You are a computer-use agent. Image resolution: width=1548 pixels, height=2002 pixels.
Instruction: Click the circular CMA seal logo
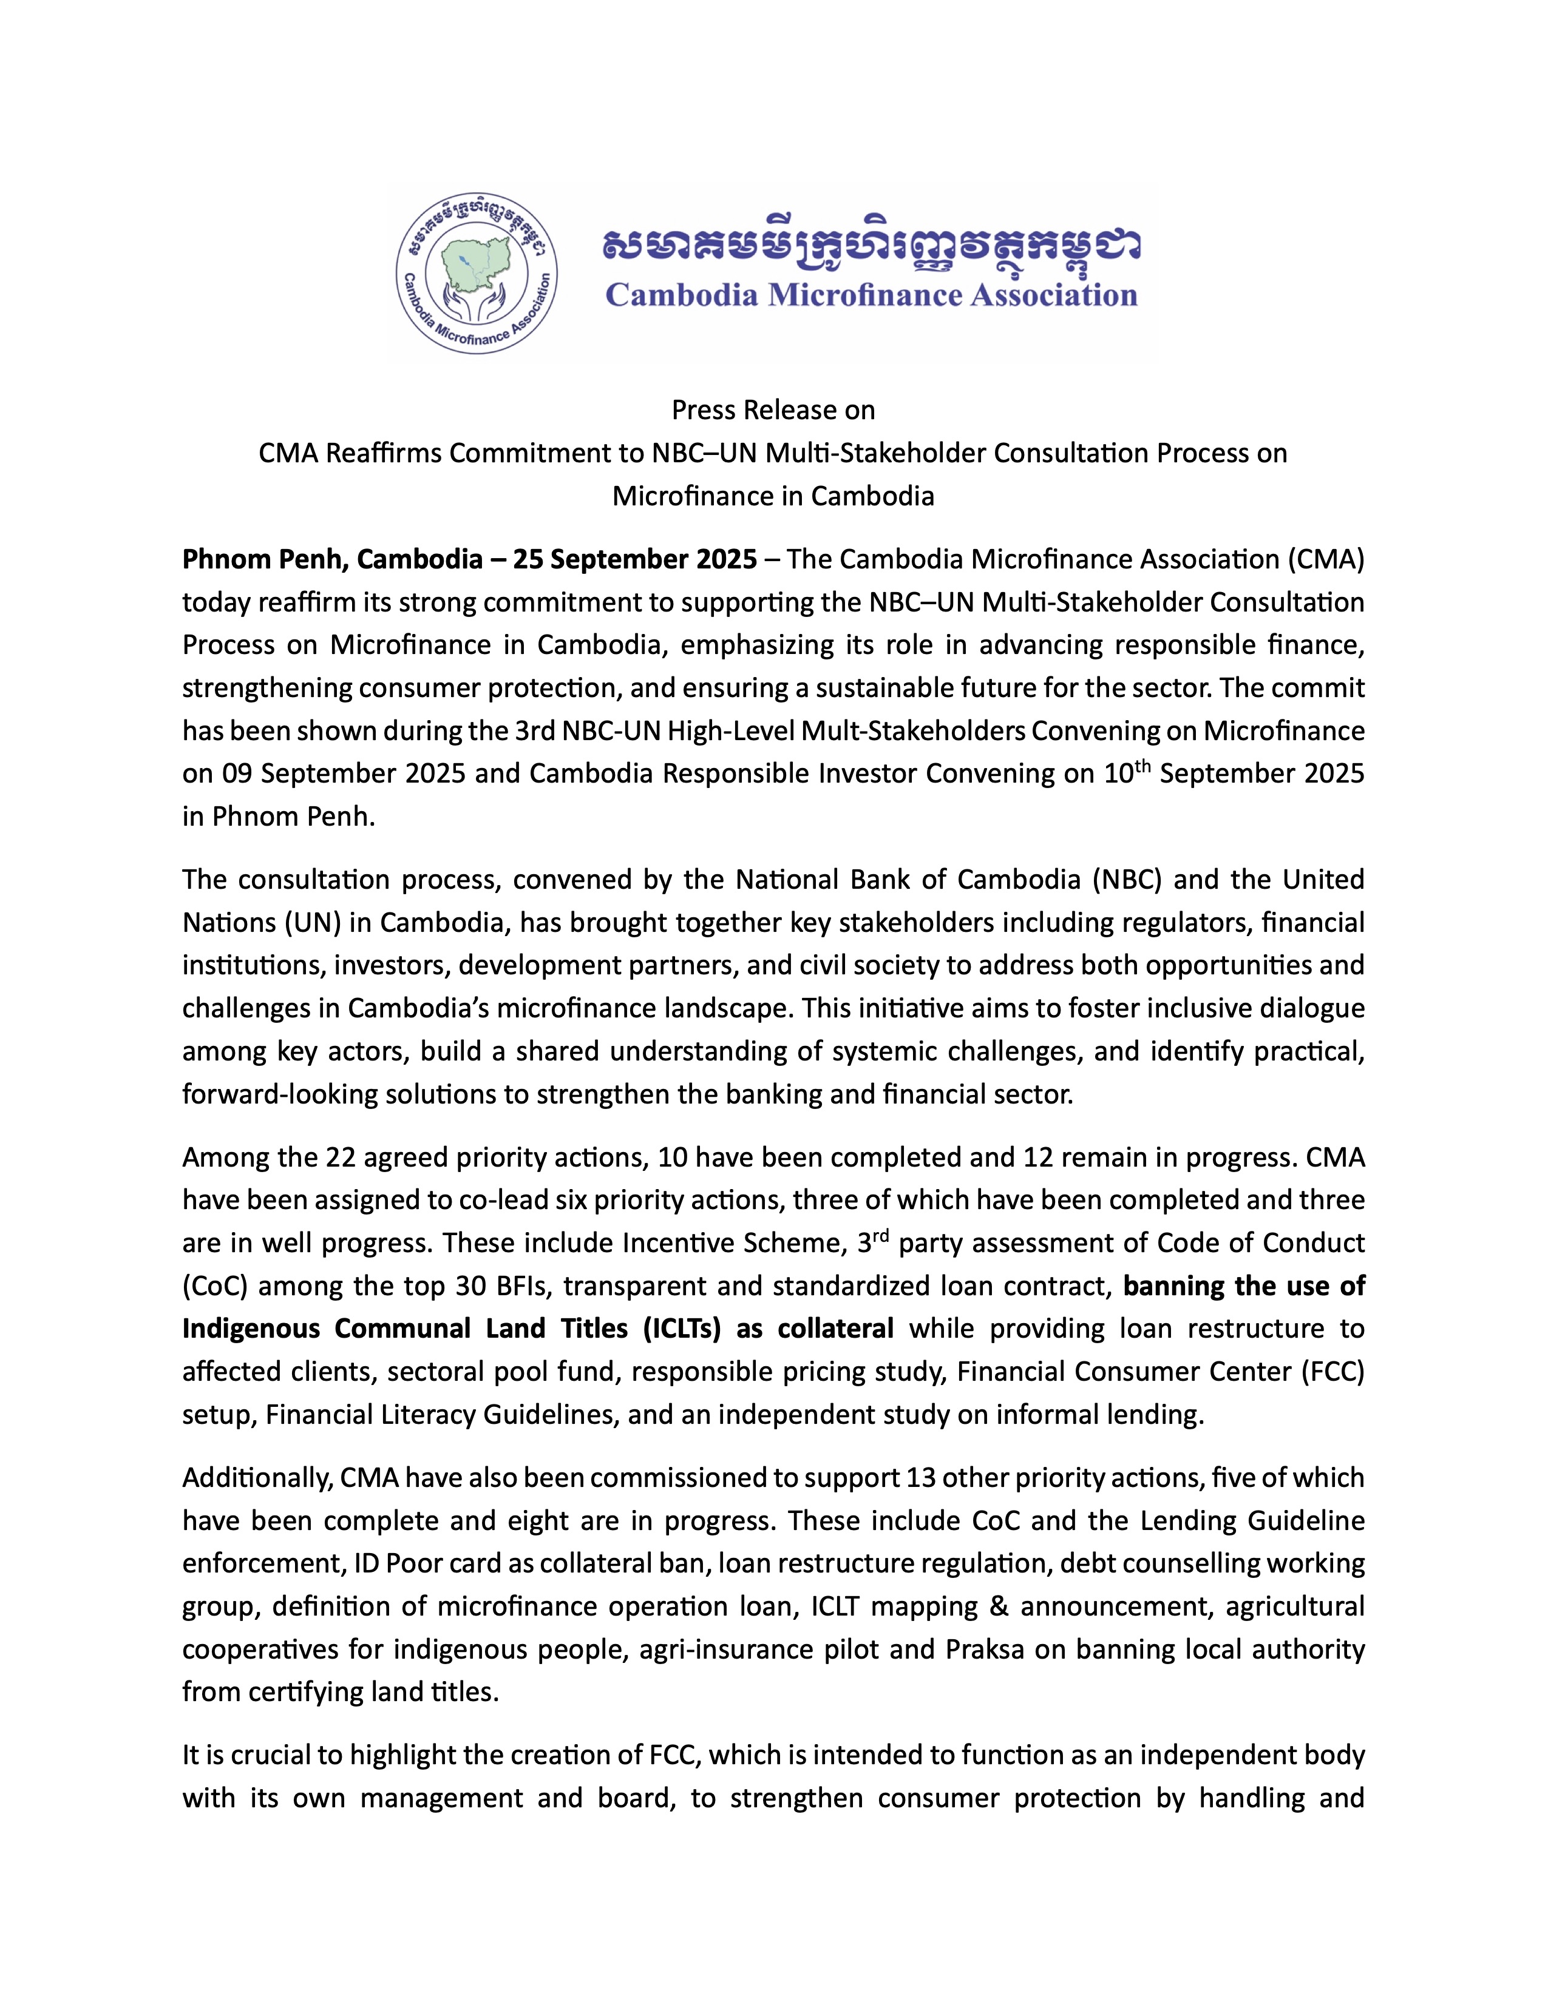click(x=477, y=272)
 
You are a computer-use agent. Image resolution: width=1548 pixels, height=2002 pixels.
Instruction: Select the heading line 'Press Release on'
click(x=773, y=409)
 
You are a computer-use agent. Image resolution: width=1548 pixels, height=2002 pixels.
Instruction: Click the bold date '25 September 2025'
click(x=634, y=559)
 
